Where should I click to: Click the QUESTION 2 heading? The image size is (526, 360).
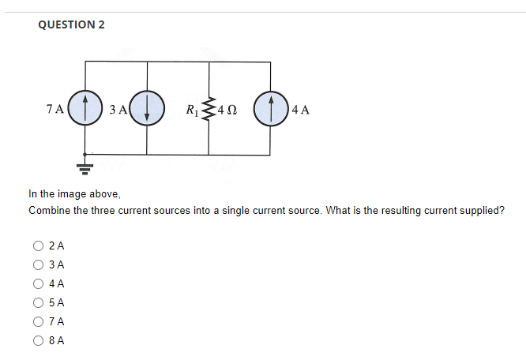pos(71,24)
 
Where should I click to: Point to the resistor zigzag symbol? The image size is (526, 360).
pos(209,108)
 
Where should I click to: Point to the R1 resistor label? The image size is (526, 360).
pos(192,108)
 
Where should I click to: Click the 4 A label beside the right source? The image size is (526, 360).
pos(300,109)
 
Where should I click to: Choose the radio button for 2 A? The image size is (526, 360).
pos(38,246)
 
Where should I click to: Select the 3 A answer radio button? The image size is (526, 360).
pos(38,265)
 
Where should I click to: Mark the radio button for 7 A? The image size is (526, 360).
pos(38,322)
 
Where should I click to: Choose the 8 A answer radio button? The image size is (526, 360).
pos(38,341)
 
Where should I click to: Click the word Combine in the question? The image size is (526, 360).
pos(51,211)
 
